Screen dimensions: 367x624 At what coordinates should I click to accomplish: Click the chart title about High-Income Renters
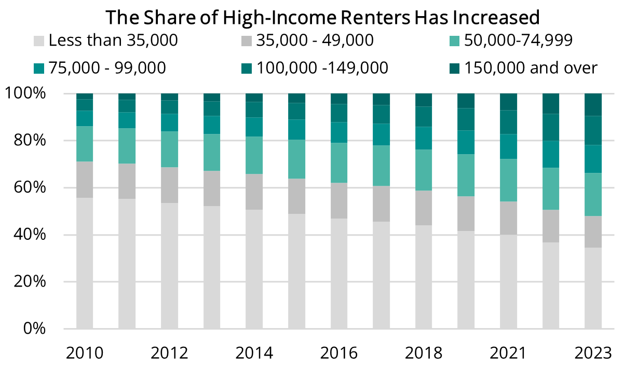(323, 17)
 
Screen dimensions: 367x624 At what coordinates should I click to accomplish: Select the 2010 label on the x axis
(85, 353)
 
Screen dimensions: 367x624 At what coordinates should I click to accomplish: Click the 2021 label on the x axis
(508, 353)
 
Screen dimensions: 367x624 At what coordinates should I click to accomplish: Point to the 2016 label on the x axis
(338, 353)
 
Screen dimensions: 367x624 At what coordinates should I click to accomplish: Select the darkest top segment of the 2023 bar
(593, 104)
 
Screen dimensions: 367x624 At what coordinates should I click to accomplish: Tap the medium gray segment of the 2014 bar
(254, 192)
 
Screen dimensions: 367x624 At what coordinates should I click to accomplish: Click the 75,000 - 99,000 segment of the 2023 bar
(593, 158)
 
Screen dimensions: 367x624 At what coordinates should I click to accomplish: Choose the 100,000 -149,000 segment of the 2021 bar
(508, 122)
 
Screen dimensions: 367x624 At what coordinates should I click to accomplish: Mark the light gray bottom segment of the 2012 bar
(169, 266)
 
